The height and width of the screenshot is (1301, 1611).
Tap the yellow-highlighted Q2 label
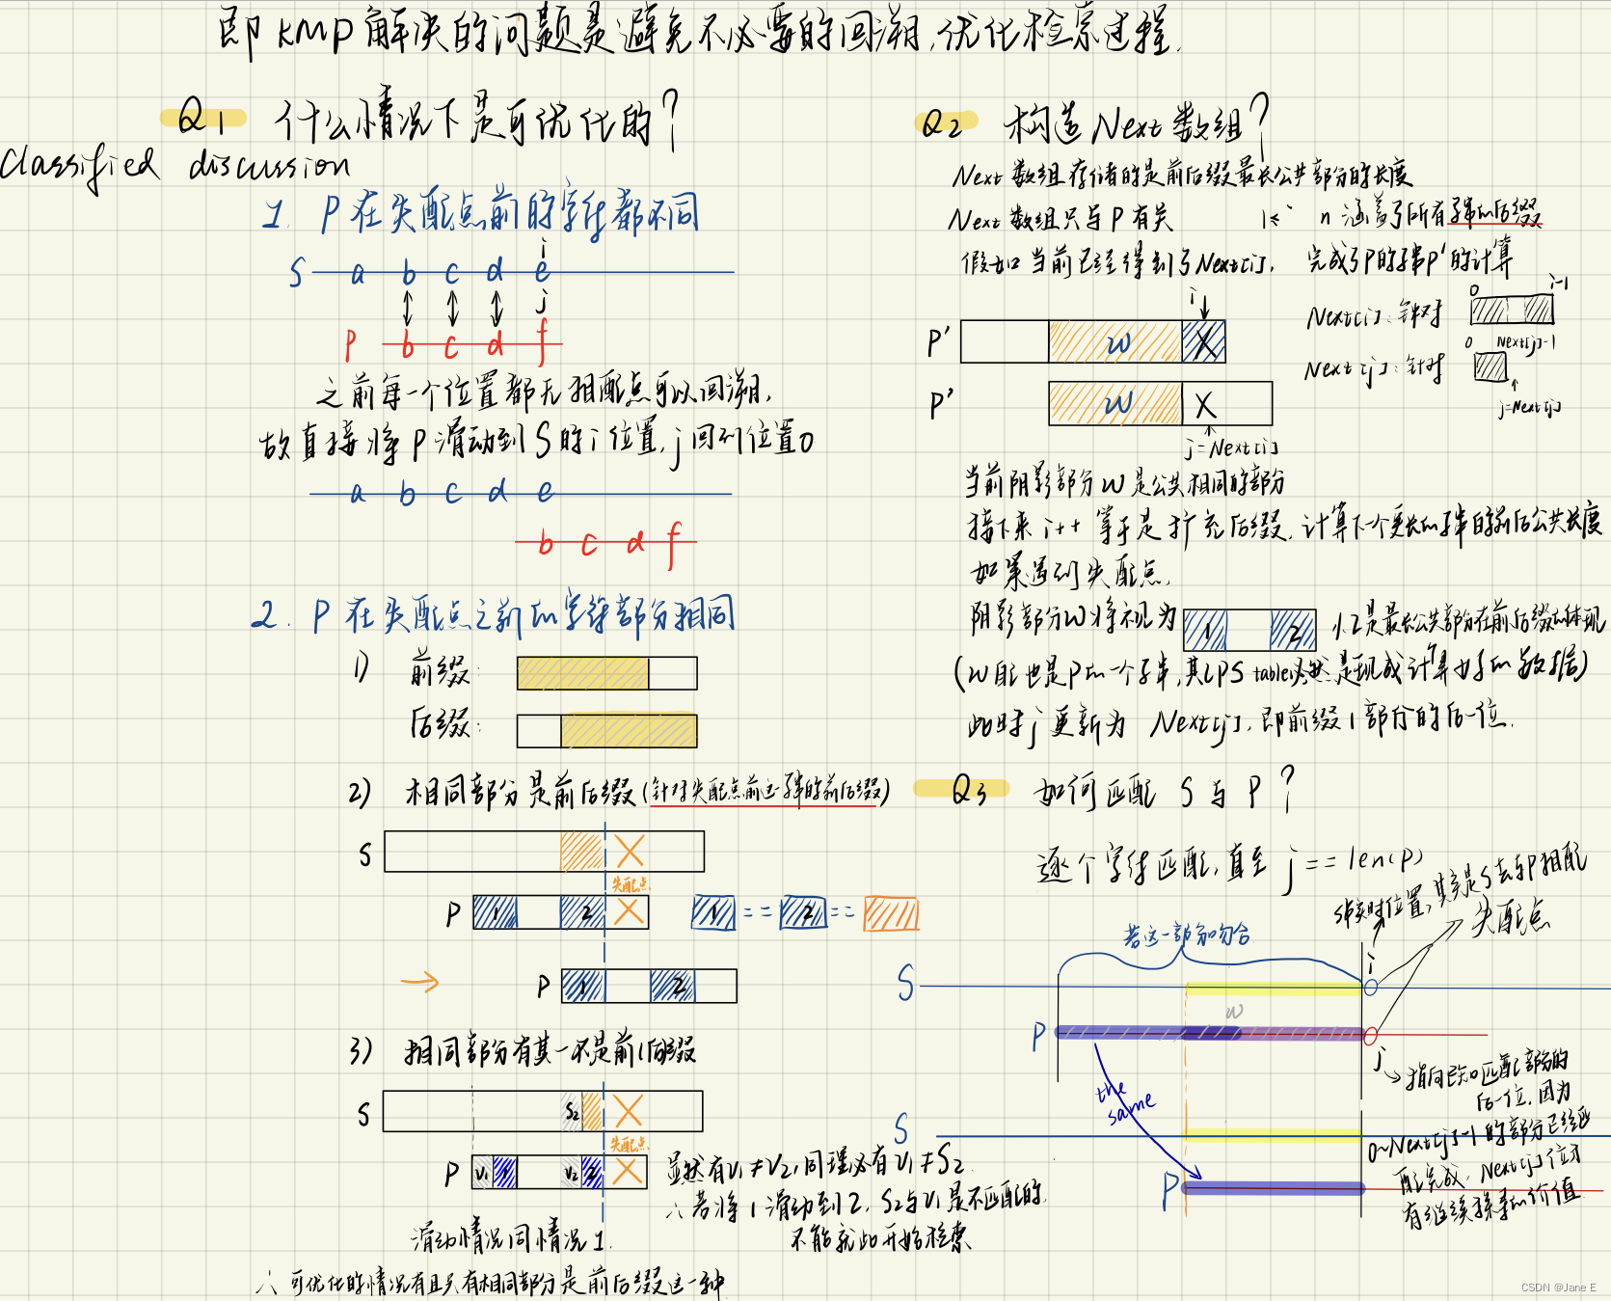click(944, 122)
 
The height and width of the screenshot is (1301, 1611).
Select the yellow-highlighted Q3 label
click(967, 790)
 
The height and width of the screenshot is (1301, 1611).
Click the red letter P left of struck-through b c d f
click(351, 343)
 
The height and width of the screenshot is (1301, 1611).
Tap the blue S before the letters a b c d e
click(297, 274)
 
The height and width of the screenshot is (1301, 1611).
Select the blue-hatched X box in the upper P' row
click(1204, 341)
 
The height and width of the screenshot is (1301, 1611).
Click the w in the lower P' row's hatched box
click(1117, 403)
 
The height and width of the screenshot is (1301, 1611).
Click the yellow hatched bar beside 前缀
click(582, 673)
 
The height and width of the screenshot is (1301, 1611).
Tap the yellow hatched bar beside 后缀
click(629, 730)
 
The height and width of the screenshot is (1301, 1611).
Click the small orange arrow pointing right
click(419, 983)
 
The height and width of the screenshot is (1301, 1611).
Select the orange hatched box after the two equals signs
click(891, 912)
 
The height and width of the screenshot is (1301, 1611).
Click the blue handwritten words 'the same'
click(1123, 1101)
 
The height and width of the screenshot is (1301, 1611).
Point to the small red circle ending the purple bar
click(1371, 1036)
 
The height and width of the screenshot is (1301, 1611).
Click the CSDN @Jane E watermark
click(1558, 1287)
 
